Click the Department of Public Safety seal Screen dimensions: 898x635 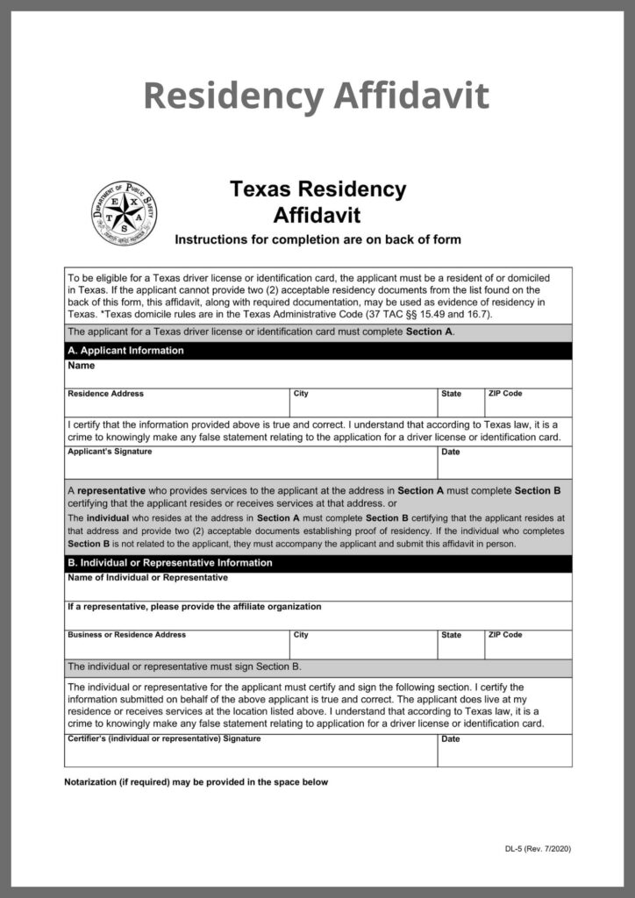pyautogui.click(x=125, y=213)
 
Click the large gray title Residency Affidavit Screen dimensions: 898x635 pyautogui.click(x=317, y=95)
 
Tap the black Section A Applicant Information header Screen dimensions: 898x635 pyautogui.click(x=126, y=351)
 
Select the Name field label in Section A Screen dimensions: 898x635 pyautogui.click(x=81, y=366)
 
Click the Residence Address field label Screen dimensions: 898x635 pyautogui.click(x=106, y=394)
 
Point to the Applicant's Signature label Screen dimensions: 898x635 pyautogui.click(x=110, y=452)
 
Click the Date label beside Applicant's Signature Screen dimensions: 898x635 pyautogui.click(x=451, y=453)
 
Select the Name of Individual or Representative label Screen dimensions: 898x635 pyautogui.click(x=147, y=578)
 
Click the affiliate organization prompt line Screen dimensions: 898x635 pyautogui.click(x=195, y=606)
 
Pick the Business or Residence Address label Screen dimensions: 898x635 pyautogui.click(x=126, y=635)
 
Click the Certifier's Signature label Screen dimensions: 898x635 pyautogui.click(x=164, y=738)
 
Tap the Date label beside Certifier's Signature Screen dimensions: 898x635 pyautogui.click(x=451, y=739)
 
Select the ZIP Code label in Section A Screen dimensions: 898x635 pyautogui.click(x=505, y=394)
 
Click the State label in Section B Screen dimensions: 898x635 pyautogui.click(x=452, y=635)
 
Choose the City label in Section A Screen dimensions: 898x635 pyautogui.click(x=301, y=394)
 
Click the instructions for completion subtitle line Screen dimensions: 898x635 pyautogui.click(x=317, y=239)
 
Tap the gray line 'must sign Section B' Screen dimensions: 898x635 pyautogui.click(x=185, y=666)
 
